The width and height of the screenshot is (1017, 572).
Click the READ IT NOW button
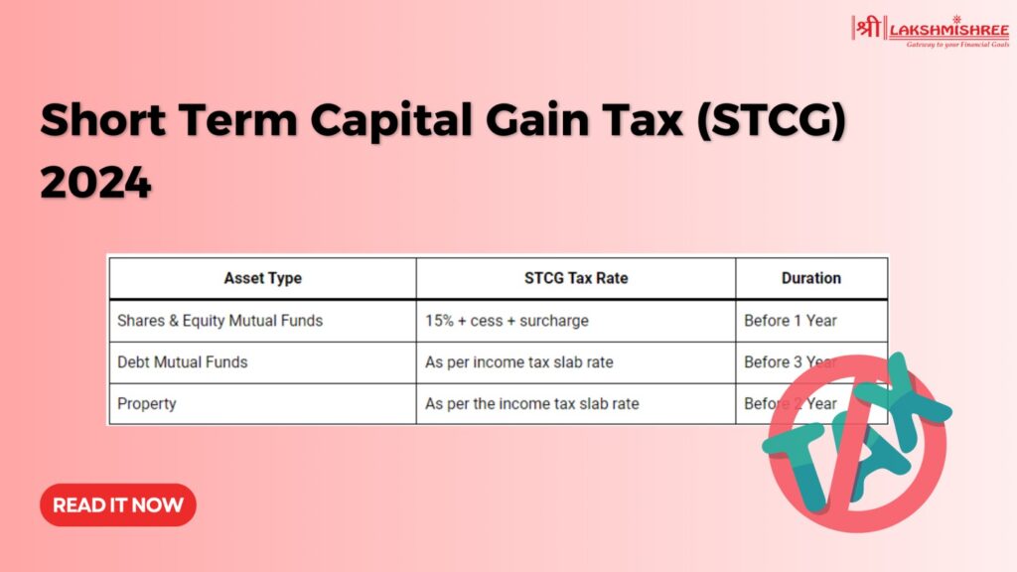(x=118, y=504)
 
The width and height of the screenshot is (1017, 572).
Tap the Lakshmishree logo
(x=930, y=31)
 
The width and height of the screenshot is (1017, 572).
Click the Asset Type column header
(x=262, y=278)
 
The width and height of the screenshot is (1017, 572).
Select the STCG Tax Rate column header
(x=576, y=278)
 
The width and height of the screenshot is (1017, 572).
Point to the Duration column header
(x=810, y=278)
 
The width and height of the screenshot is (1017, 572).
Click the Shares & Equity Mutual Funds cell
(x=219, y=321)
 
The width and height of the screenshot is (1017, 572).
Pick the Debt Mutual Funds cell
(x=183, y=362)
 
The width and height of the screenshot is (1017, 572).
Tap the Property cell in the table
(x=146, y=404)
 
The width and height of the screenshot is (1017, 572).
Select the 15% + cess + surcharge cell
(x=507, y=321)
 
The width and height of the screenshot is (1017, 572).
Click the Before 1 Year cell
(x=791, y=321)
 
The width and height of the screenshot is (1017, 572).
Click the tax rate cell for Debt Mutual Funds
(x=519, y=362)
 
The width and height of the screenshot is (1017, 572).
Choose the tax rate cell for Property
(x=532, y=404)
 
